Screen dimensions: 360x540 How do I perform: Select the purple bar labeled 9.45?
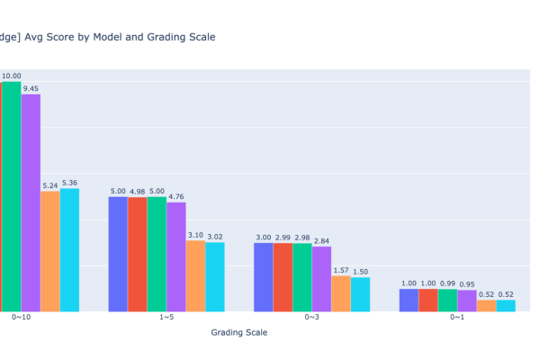[x=31, y=202]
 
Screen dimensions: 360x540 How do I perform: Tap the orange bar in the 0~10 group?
[x=50, y=251]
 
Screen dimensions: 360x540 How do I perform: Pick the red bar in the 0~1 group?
[x=427, y=301]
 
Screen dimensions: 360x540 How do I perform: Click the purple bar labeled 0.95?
[x=466, y=301]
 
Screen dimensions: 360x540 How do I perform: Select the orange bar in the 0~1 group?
[x=486, y=306]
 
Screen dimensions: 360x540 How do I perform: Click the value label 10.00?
[x=11, y=76]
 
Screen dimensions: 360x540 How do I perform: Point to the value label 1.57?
[x=341, y=270]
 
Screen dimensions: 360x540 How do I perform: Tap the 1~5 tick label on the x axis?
[x=166, y=317]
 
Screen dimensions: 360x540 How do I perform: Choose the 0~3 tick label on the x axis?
[x=311, y=317]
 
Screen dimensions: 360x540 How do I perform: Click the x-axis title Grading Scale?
[x=238, y=333]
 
